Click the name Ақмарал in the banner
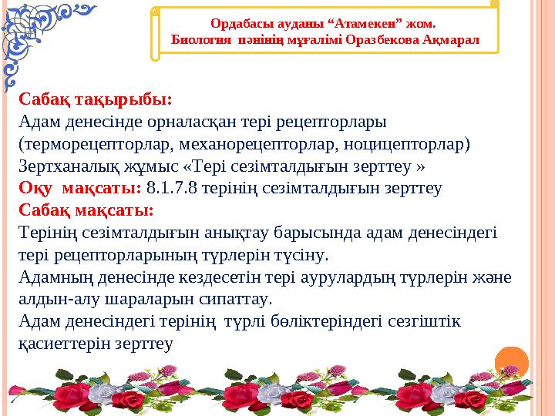point(452,38)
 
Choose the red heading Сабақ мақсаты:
point(86,210)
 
